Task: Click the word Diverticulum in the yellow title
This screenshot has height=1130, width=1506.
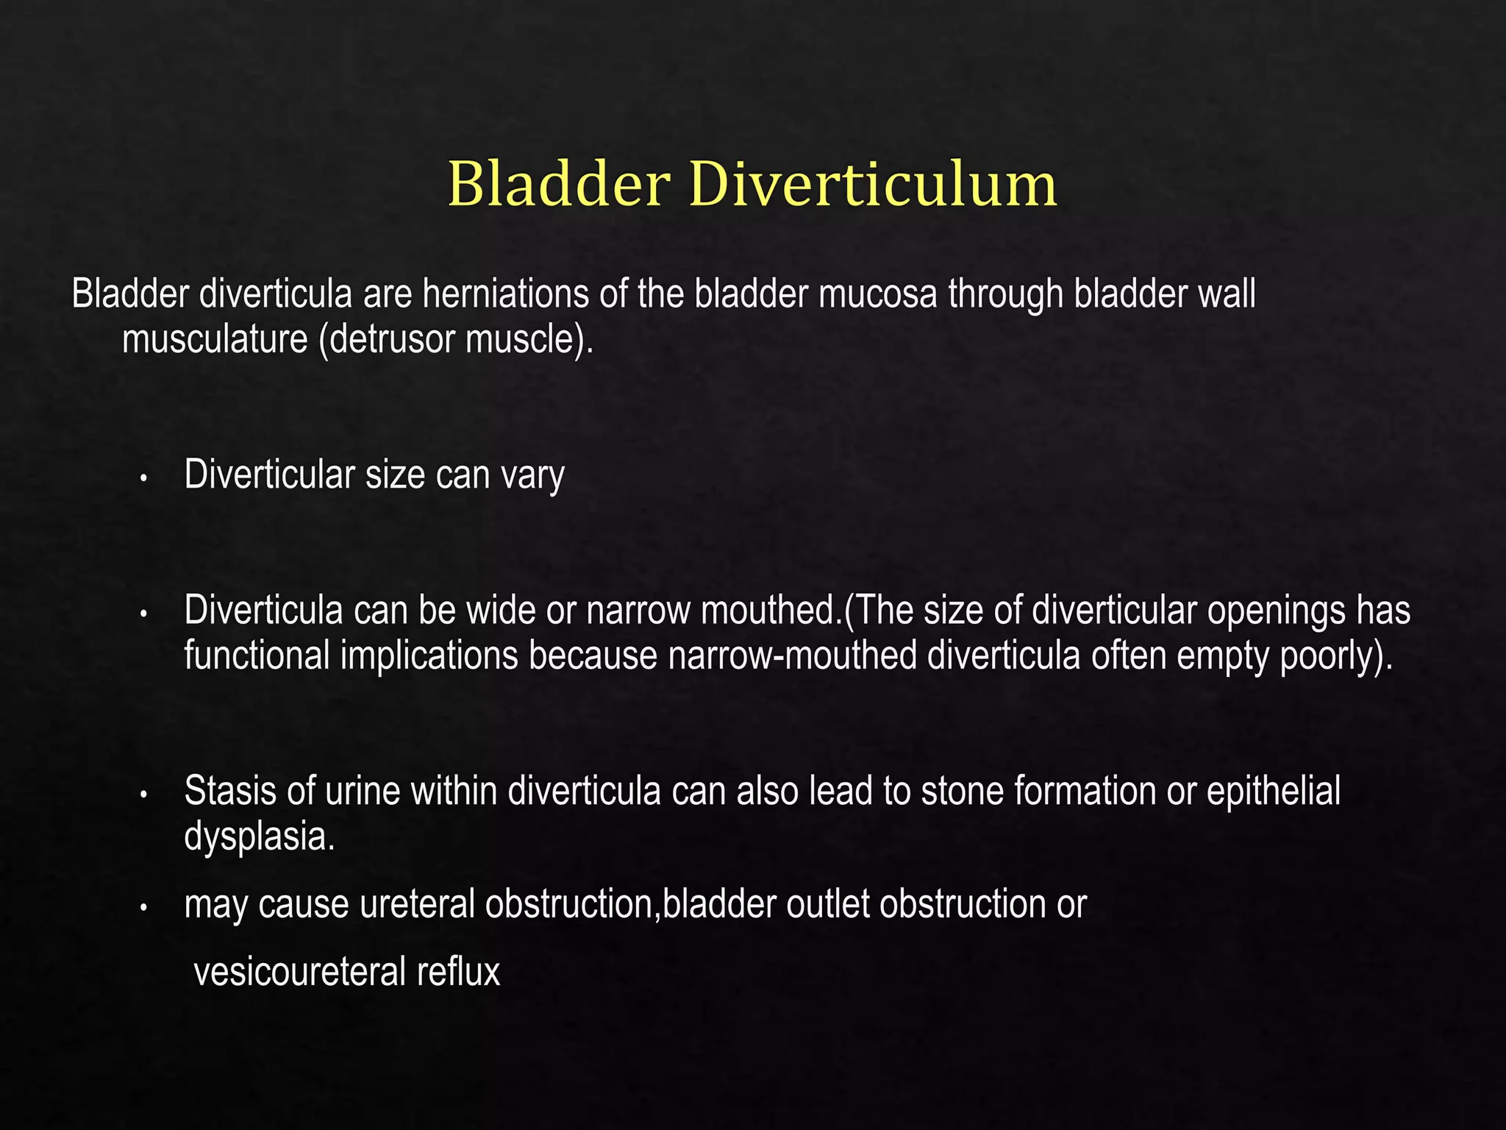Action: [873, 184]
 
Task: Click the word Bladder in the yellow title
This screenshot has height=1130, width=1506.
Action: [559, 184]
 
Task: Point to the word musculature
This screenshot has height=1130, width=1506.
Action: [215, 339]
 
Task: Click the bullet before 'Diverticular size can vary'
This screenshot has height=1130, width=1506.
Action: [144, 479]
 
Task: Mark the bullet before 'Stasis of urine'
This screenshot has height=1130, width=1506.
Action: [144, 795]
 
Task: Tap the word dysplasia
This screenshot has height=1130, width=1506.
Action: [259, 836]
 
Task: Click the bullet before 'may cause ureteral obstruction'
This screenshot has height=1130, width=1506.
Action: [144, 909]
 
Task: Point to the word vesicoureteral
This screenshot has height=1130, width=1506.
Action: [299, 972]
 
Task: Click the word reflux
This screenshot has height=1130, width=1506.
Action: [459, 972]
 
